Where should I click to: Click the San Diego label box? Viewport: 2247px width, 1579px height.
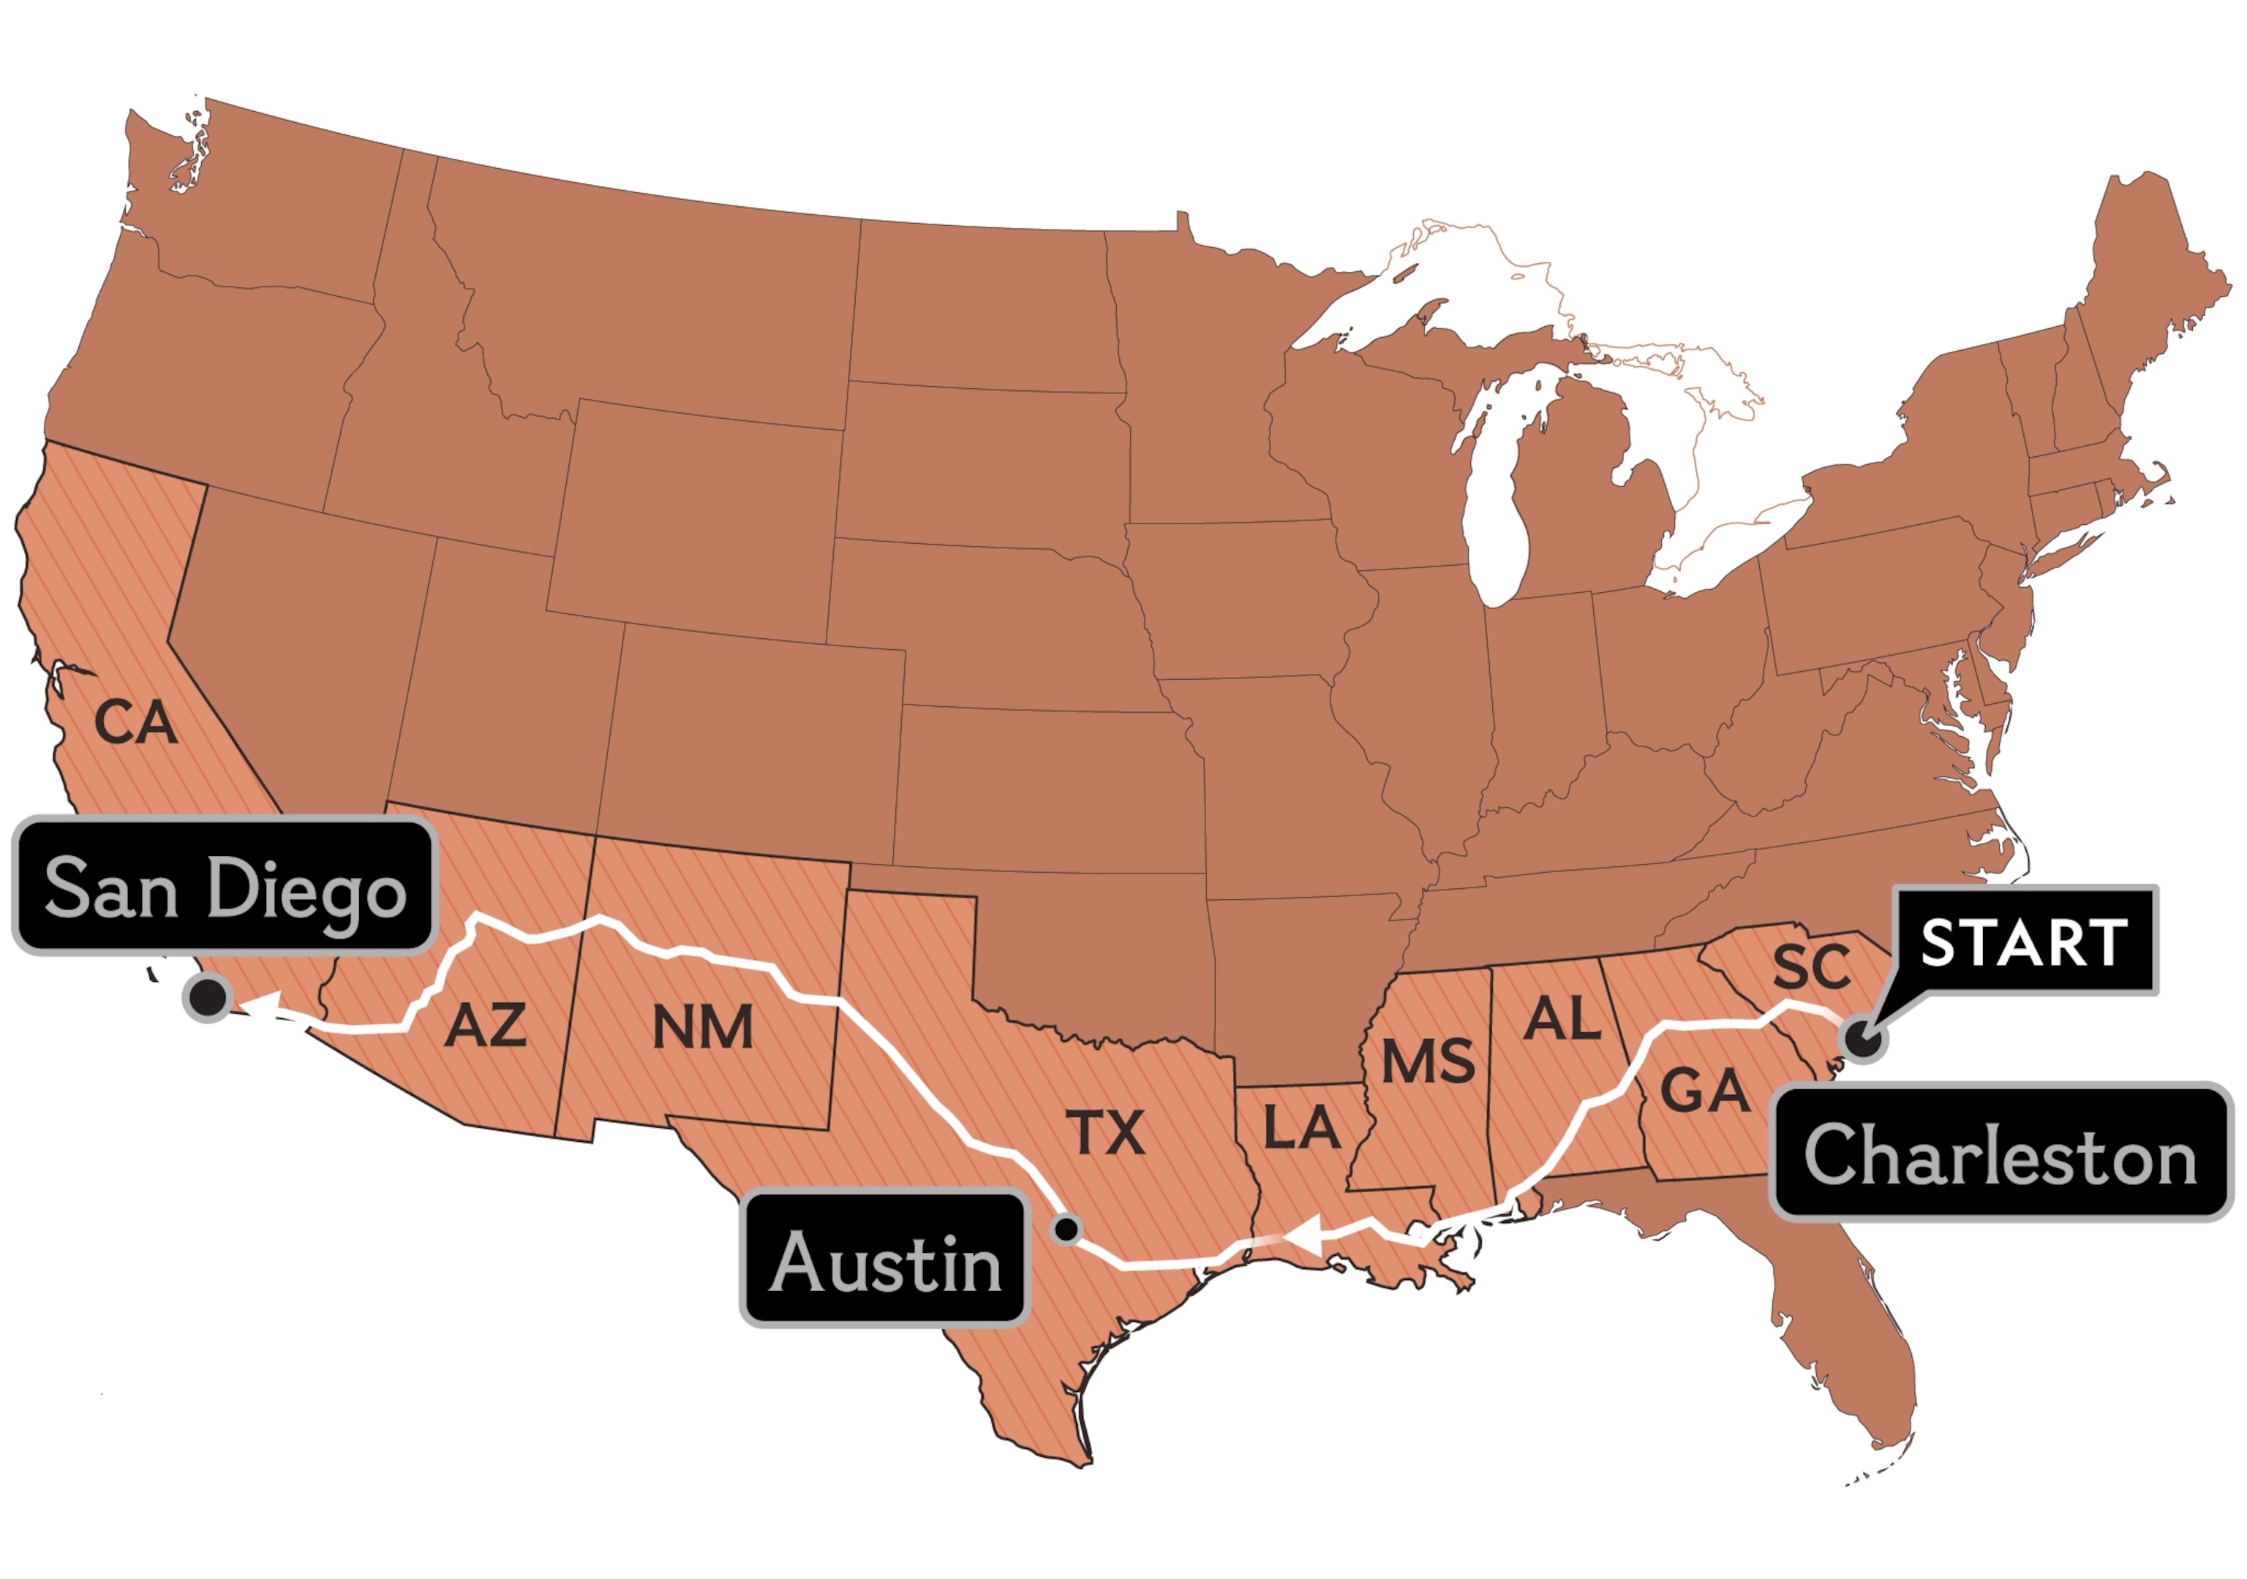click(223, 885)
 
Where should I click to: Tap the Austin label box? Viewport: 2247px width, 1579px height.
click(886, 1259)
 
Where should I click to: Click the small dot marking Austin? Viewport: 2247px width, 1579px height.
click(1066, 1228)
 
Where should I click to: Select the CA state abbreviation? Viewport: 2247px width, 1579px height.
click(135, 724)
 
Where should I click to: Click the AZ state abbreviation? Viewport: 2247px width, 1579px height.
click(486, 1026)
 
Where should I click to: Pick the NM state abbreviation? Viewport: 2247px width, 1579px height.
click(703, 1027)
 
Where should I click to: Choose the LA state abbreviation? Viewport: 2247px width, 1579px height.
click(1302, 1127)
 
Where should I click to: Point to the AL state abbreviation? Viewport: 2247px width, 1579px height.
click(1563, 1019)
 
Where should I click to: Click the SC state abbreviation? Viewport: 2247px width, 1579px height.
click(1812, 966)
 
